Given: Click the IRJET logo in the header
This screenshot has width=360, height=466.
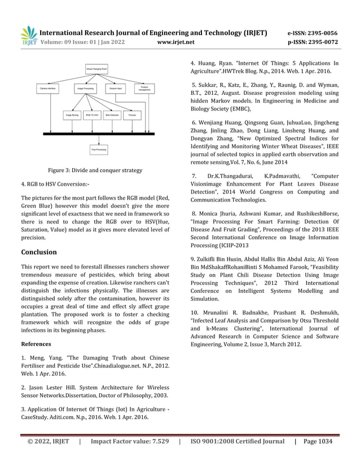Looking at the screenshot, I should pyautogui.click(x=29, y=36).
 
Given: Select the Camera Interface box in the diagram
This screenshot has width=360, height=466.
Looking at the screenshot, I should pyautogui.click(x=48, y=89).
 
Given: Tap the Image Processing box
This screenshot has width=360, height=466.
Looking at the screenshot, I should pyautogui.click(x=85, y=89).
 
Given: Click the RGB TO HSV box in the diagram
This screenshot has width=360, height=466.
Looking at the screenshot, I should pyautogui.click(x=91, y=115).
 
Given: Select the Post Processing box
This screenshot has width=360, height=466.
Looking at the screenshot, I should pyautogui.click(x=99, y=150).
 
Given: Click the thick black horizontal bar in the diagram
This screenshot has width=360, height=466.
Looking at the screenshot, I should pyautogui.click(x=99, y=134).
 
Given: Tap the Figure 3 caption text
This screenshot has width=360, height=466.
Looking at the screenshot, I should pyautogui.click(x=94, y=170).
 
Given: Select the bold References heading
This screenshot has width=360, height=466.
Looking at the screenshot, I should pyautogui.click(x=36, y=344).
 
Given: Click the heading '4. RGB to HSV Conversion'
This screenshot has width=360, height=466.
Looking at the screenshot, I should pyautogui.click(x=55, y=184).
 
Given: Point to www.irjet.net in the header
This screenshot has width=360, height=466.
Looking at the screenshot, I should pyautogui.click(x=177, y=42).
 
